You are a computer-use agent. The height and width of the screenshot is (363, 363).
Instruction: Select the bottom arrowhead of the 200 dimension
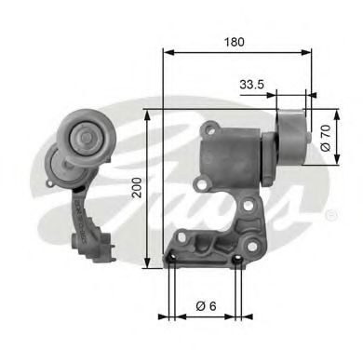[146, 264]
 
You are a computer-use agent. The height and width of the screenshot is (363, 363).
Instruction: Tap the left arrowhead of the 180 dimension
[168, 53]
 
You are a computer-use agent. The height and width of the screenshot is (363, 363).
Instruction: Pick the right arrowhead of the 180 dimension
[310, 53]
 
